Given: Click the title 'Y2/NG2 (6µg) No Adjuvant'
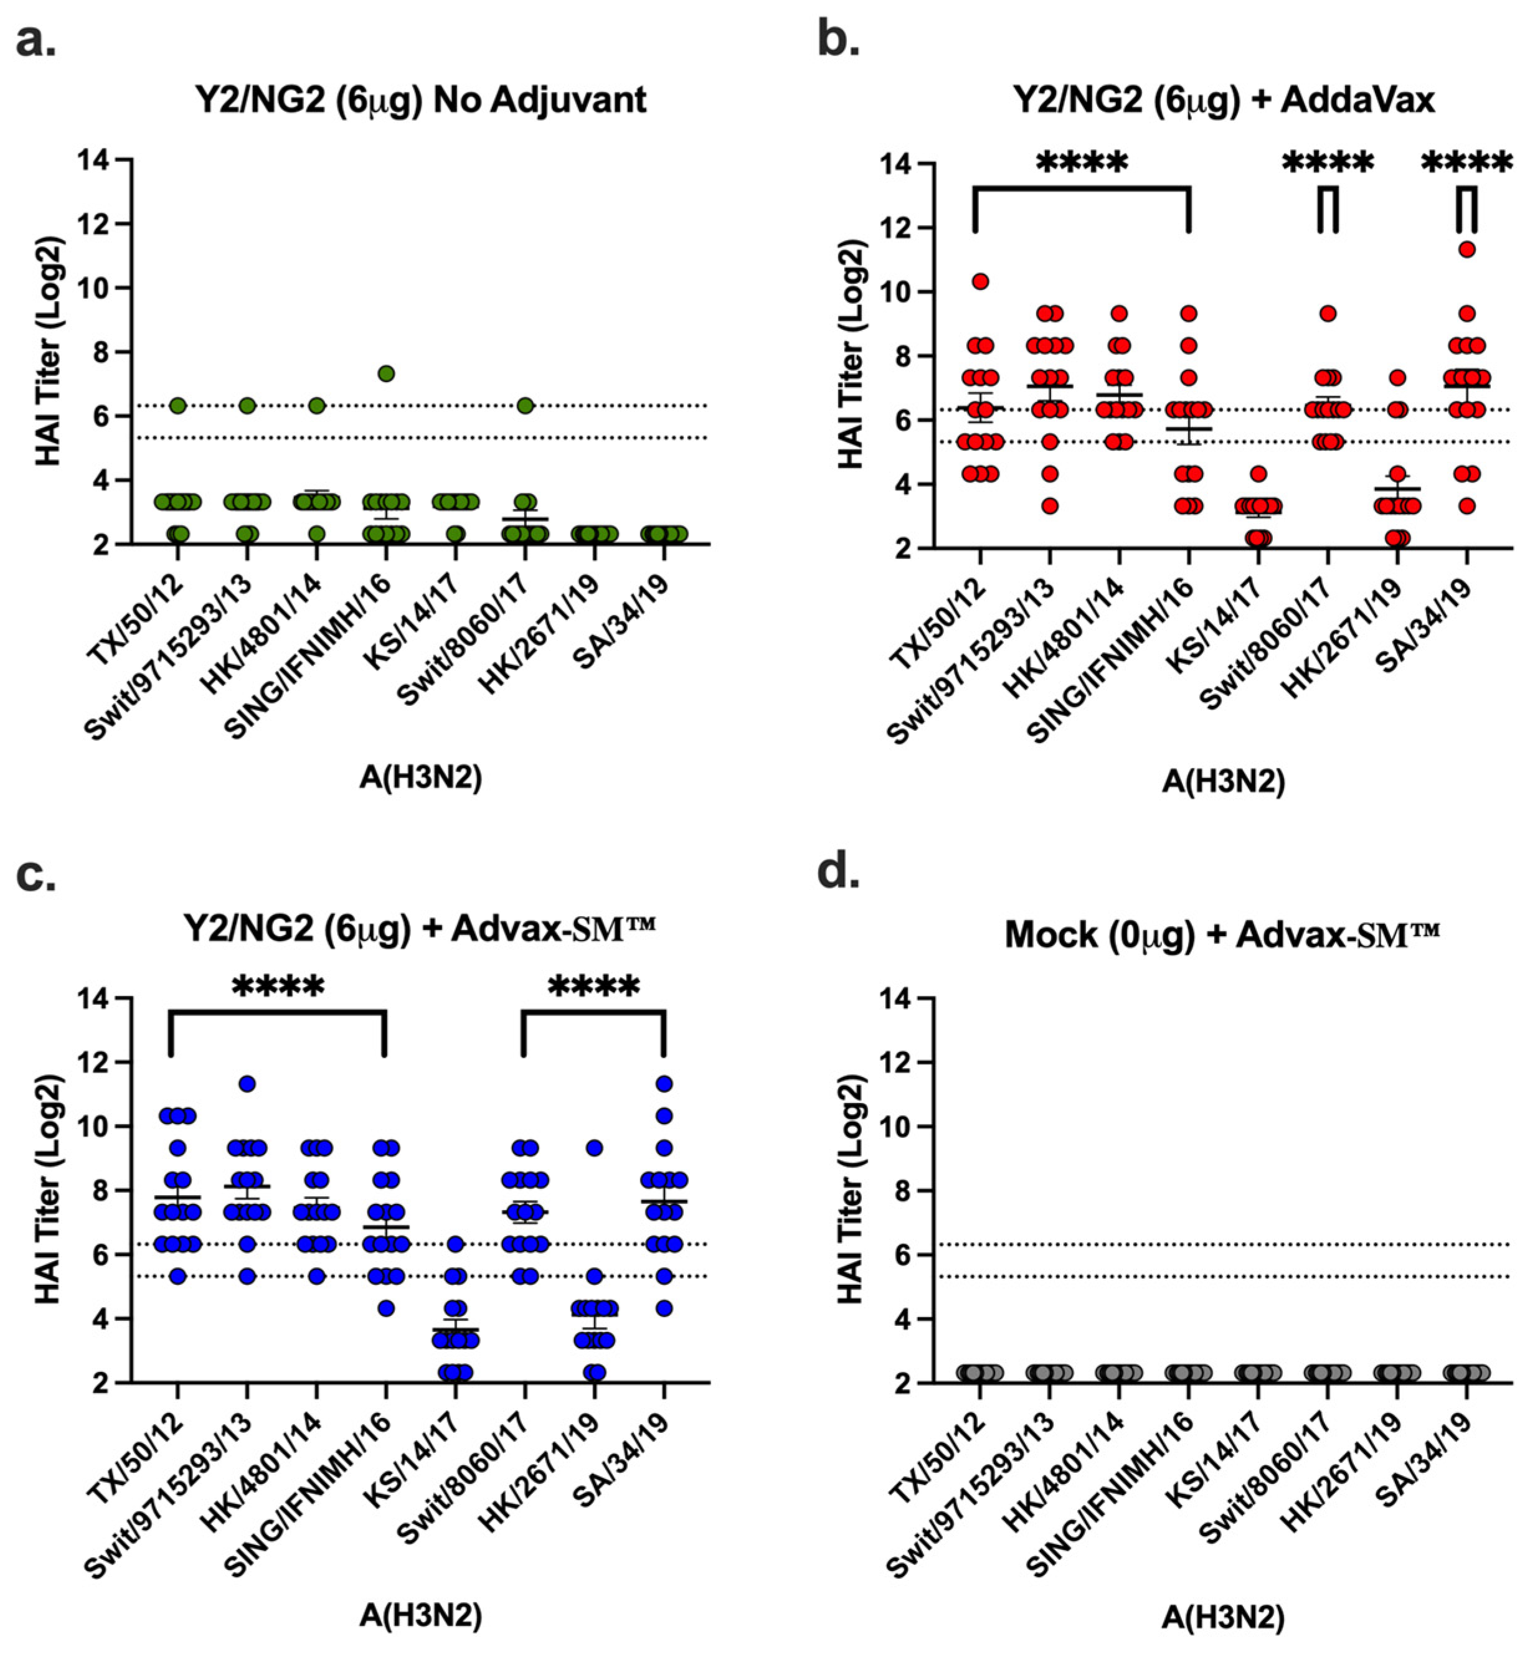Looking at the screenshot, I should coord(420,100).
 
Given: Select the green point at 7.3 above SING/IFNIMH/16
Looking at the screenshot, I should coord(386,373).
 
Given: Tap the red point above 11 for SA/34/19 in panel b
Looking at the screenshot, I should coord(1467,249).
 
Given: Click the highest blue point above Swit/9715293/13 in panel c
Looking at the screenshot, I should coord(247,1084).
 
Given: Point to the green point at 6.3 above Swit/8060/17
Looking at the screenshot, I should coord(525,406).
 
